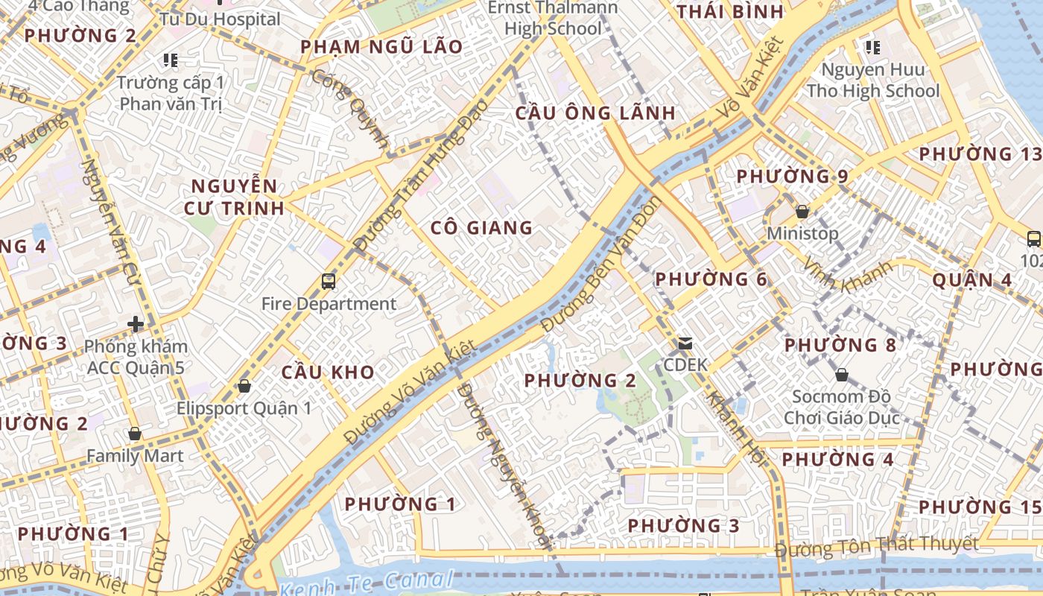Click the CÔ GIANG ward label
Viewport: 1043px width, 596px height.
tap(481, 228)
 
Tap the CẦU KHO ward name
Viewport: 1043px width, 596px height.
tap(328, 372)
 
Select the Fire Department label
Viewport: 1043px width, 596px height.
tap(329, 304)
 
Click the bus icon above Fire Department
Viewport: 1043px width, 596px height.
tap(329, 281)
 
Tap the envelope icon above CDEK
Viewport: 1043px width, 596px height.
tap(685, 343)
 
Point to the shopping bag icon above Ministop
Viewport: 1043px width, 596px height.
tap(802, 212)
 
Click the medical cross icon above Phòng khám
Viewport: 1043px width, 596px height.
tap(136, 324)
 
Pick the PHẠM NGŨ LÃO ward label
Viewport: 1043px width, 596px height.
tap(381, 47)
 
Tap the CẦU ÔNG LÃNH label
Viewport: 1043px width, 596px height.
tap(595, 113)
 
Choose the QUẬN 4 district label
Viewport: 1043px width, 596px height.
tap(972, 280)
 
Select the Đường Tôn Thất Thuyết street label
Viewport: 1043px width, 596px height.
tap(876, 546)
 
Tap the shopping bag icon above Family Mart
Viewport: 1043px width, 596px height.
tap(135, 434)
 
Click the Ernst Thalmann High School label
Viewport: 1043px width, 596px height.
tap(553, 19)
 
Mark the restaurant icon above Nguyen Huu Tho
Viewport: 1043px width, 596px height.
tap(873, 48)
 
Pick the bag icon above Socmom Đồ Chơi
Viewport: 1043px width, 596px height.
tap(841, 374)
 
